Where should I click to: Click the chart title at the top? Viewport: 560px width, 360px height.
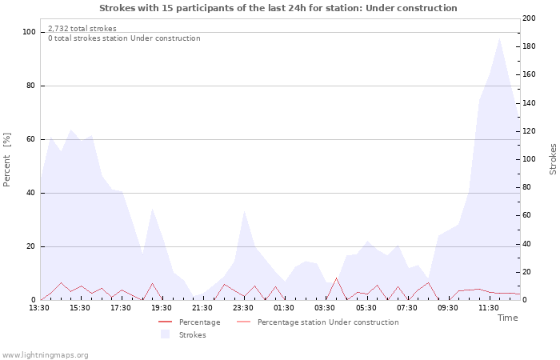[x=278, y=8]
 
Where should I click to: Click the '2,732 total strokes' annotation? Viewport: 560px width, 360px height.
[x=82, y=29]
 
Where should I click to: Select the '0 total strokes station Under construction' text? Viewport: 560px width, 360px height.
[x=124, y=38]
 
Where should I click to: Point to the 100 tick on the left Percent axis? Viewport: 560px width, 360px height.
[x=30, y=32]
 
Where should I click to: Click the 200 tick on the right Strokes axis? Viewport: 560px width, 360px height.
[x=529, y=18]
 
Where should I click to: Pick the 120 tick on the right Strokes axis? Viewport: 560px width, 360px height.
[x=529, y=131]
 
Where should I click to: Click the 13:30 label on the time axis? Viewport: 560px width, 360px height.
[x=39, y=307]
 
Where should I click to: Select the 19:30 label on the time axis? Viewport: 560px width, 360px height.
[x=162, y=307]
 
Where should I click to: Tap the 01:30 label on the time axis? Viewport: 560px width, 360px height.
[x=284, y=307]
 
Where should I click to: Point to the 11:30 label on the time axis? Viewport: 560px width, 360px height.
[x=488, y=307]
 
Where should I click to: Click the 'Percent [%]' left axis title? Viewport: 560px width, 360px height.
[x=7, y=160]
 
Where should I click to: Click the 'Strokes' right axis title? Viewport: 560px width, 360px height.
[x=553, y=159]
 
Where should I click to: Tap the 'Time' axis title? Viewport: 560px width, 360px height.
[x=507, y=318]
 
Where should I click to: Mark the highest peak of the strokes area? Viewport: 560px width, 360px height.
[x=499, y=38]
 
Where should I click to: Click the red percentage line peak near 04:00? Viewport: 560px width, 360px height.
[x=337, y=278]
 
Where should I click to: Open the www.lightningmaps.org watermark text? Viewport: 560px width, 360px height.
[x=45, y=354]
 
